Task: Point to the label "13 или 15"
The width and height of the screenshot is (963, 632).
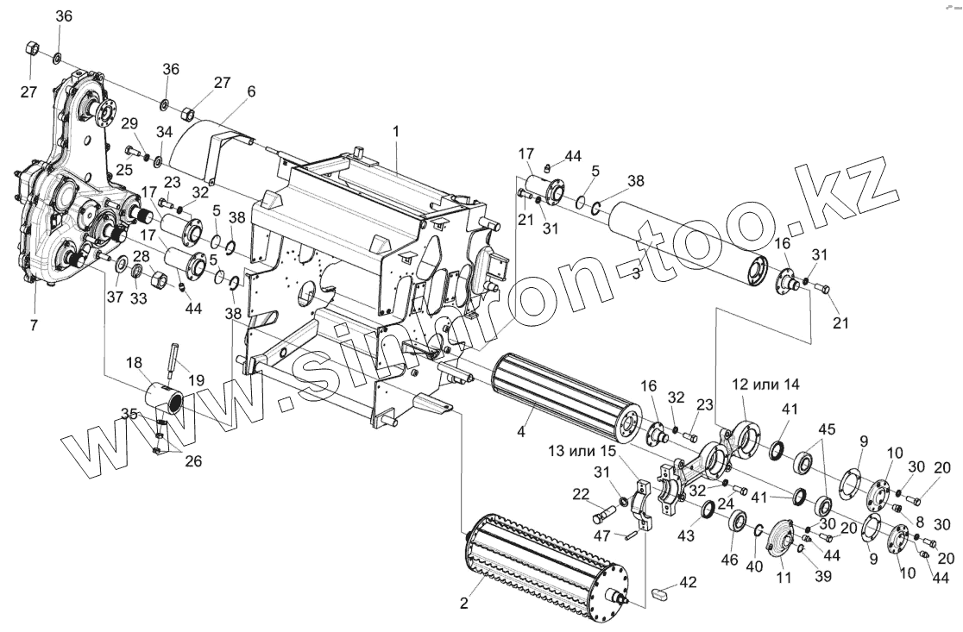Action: coord(582,451)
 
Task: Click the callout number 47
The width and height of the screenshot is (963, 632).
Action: coord(602,537)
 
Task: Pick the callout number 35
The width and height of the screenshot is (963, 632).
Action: coord(129,413)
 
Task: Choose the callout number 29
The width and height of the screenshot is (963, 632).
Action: coord(129,123)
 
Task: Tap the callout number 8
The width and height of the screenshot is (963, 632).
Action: coord(919,521)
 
